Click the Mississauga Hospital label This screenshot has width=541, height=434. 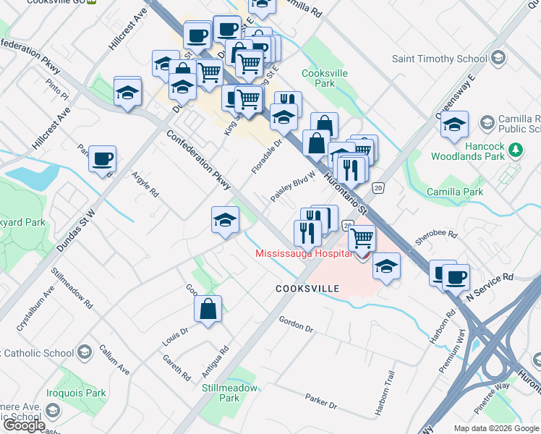[x=303, y=253]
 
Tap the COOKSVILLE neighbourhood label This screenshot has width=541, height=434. [x=307, y=289]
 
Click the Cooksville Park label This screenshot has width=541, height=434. [x=325, y=78]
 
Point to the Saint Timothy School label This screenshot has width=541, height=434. [x=439, y=59]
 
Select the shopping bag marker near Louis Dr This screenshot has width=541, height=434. [x=208, y=310]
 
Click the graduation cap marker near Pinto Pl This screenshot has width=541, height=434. [x=128, y=93]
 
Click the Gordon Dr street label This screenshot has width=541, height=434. [x=295, y=324]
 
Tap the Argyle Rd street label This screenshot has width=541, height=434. [x=145, y=185]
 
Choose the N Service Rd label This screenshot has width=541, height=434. [x=490, y=286]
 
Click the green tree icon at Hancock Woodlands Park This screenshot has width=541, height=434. [x=515, y=150]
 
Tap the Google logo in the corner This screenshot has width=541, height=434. [x=22, y=425]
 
